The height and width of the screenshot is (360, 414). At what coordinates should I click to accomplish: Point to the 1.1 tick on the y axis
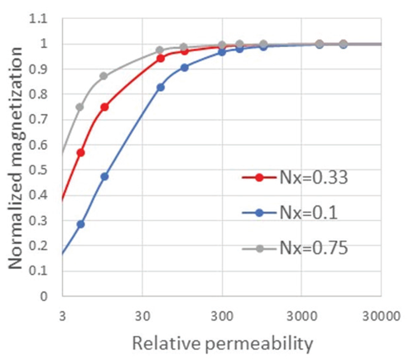tap(45, 19)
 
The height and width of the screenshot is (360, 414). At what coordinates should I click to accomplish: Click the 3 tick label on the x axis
tap(62, 314)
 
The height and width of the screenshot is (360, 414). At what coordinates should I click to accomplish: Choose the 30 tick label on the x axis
tap(142, 314)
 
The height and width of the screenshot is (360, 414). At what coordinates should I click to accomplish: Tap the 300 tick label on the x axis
tap(221, 314)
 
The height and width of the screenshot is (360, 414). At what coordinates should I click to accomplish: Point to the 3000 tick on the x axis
tap(301, 314)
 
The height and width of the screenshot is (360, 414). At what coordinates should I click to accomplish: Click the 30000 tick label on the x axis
tap(380, 314)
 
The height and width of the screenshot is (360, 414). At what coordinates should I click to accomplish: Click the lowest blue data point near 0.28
tap(80, 224)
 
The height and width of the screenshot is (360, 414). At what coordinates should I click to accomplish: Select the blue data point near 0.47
tap(104, 176)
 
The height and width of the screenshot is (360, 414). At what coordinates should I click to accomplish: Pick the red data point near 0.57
tap(80, 152)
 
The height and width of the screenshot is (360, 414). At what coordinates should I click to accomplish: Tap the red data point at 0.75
tap(104, 107)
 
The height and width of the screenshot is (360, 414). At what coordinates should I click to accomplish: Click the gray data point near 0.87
tap(104, 76)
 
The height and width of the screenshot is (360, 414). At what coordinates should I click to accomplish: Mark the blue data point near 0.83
tap(161, 87)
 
